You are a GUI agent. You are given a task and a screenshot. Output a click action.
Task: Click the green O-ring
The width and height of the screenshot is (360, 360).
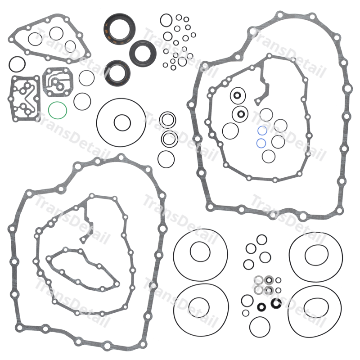pyautogui.click(x=49, y=110)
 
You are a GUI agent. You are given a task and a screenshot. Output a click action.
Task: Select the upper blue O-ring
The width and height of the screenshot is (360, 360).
pyautogui.click(x=258, y=130)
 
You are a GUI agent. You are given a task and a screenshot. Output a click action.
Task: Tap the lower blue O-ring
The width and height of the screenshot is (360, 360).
pyautogui.click(x=256, y=143)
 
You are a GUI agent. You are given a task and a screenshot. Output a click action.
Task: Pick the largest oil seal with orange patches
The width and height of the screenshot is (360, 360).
pyautogui.click(x=105, y=29)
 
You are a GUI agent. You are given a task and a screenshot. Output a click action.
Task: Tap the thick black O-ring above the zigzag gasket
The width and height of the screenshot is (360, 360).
pyautogui.click(x=9, y=64)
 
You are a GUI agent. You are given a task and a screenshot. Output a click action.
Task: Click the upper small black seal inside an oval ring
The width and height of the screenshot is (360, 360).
pyautogui.click(x=237, y=95)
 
